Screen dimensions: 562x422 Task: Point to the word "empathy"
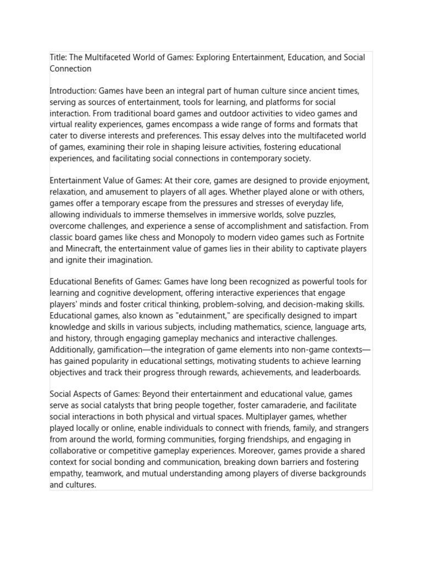[66, 473]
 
